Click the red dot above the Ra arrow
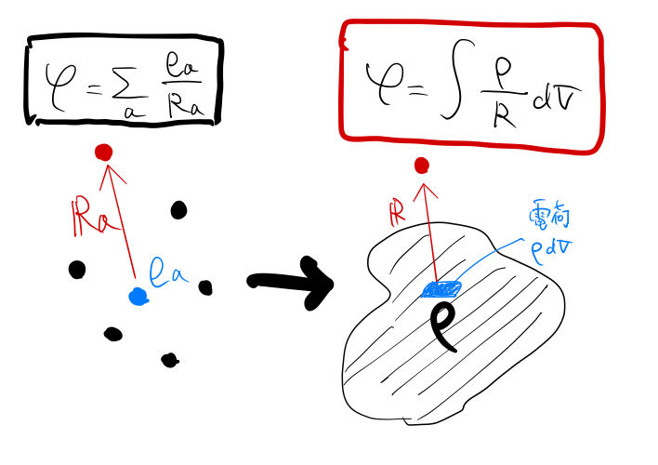tap(103, 152)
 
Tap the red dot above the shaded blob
tap(421, 166)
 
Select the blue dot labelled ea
tap(138, 296)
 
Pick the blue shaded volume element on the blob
tap(441, 290)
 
